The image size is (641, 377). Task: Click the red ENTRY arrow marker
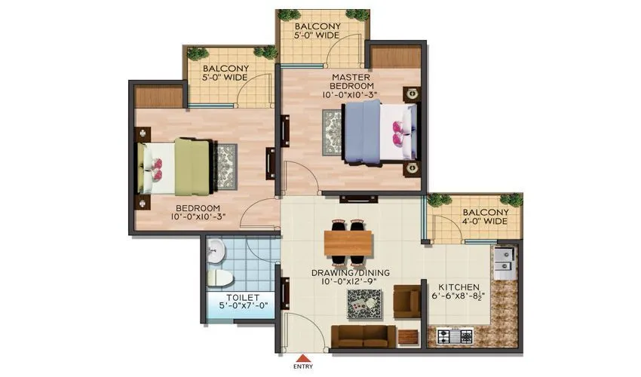[x=302, y=358]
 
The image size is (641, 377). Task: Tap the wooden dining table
[x=348, y=243]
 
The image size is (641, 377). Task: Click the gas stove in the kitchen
[x=452, y=334]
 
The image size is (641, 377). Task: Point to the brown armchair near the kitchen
[x=406, y=301]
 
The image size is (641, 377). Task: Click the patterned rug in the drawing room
[x=363, y=302]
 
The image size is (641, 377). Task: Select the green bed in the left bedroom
[x=175, y=164]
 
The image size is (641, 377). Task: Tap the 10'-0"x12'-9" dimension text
[x=347, y=282]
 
